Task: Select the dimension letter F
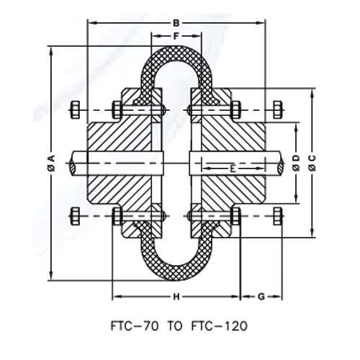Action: tap(176, 35)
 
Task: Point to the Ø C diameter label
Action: tap(311, 163)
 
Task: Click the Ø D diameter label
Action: tap(295, 163)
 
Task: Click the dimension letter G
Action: tap(260, 296)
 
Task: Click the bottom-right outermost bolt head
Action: tap(277, 215)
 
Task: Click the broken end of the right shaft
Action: tap(279, 163)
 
